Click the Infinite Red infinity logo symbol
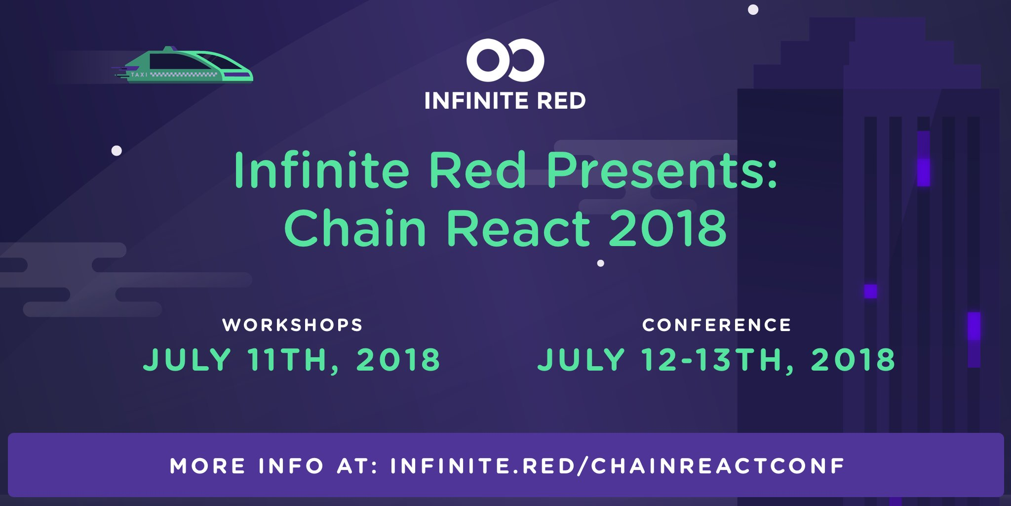[x=505, y=60]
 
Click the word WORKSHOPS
[x=293, y=325]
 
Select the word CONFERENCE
[x=717, y=325]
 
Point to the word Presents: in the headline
[x=662, y=170]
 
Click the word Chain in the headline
[x=355, y=228]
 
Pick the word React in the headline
[x=518, y=228]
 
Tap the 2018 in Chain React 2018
[x=668, y=228]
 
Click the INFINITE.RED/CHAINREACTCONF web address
[x=617, y=466]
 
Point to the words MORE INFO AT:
[x=274, y=466]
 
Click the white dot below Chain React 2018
[x=601, y=263]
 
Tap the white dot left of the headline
[x=117, y=151]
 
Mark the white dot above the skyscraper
[x=753, y=10]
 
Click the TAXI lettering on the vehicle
[x=139, y=75]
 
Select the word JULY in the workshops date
[x=187, y=359]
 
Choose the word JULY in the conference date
[x=582, y=359]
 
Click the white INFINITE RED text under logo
[x=505, y=101]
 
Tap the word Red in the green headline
[x=477, y=170]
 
